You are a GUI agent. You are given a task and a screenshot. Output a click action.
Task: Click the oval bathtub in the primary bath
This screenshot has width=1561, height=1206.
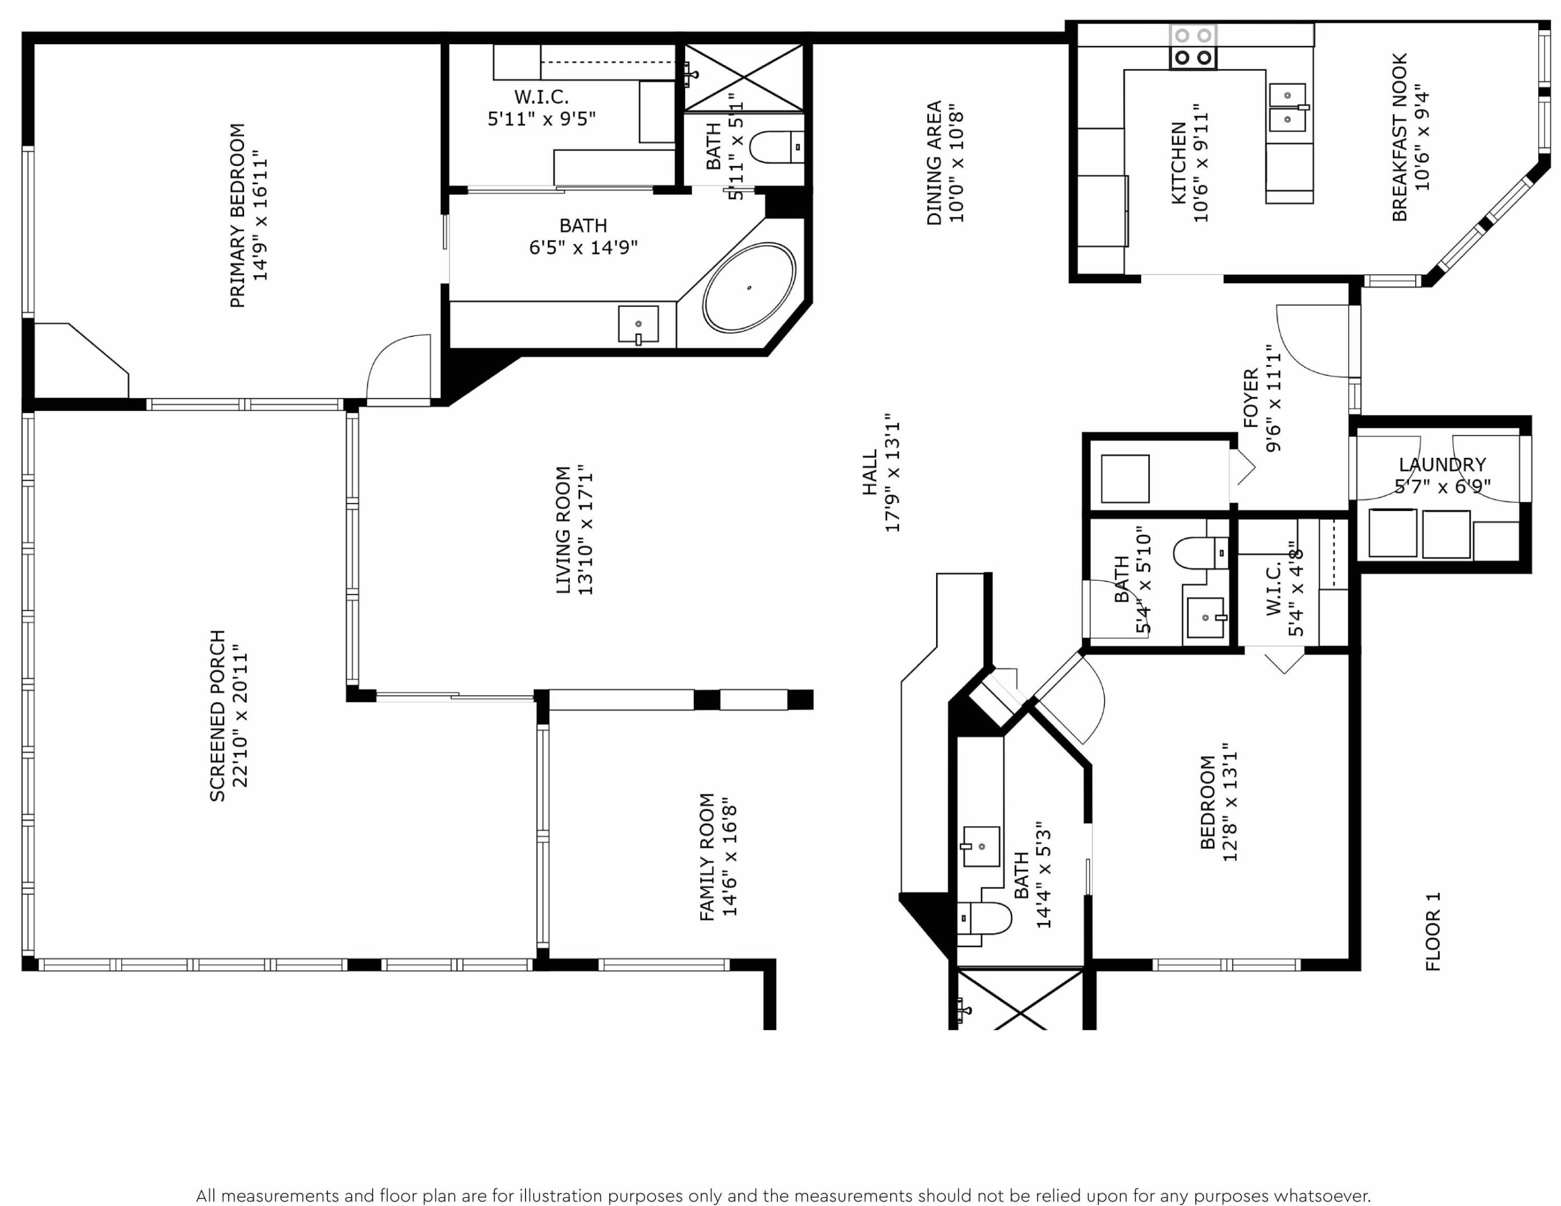(x=748, y=288)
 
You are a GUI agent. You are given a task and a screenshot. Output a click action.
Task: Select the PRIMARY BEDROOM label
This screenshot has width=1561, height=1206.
(x=237, y=215)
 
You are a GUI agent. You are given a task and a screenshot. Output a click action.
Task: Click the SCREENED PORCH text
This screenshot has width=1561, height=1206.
(x=217, y=715)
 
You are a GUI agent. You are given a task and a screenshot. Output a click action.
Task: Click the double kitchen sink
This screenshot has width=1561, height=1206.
(x=1287, y=107)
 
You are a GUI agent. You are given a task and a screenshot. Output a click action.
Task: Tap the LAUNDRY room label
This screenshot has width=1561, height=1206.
(x=1441, y=465)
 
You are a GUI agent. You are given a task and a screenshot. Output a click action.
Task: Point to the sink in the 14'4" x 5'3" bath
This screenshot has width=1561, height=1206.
(x=981, y=846)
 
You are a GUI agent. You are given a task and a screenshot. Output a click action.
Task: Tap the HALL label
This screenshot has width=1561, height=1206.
(x=869, y=472)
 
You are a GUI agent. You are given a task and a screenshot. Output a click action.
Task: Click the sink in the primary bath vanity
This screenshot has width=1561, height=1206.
(x=638, y=325)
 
